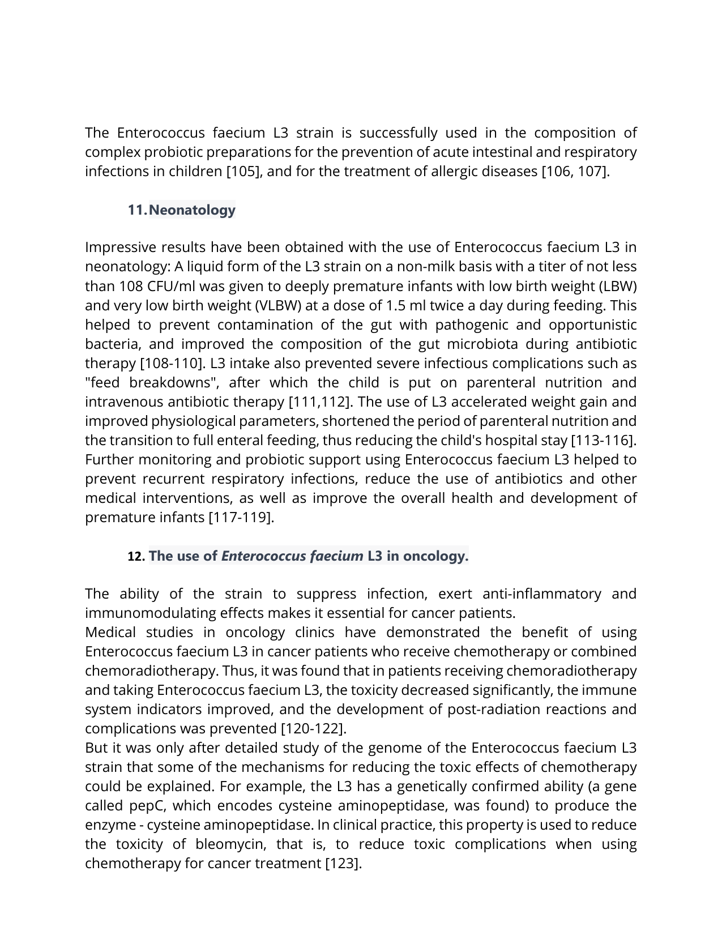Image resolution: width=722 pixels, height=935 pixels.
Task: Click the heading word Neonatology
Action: pyautogui.click(x=193, y=210)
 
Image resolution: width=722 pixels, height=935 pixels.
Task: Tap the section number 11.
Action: pyautogui.click(x=137, y=210)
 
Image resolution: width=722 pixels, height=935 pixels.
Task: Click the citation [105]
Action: pyautogui.click(x=244, y=172)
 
